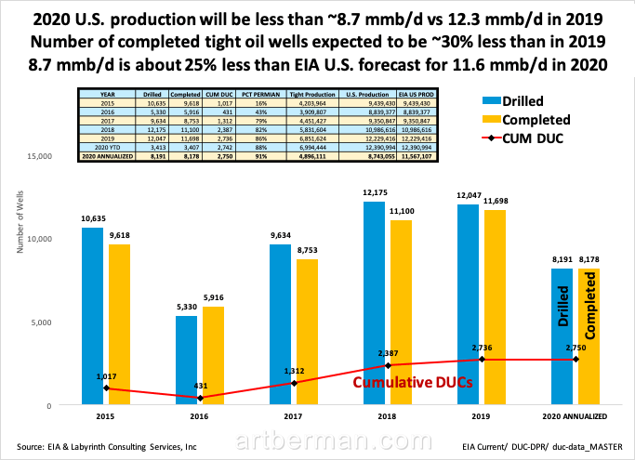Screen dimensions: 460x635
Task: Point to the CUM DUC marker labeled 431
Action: click(x=204, y=398)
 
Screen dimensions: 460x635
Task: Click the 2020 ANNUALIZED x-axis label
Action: click(x=578, y=417)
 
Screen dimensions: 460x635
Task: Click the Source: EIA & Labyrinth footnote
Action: click(x=107, y=447)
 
